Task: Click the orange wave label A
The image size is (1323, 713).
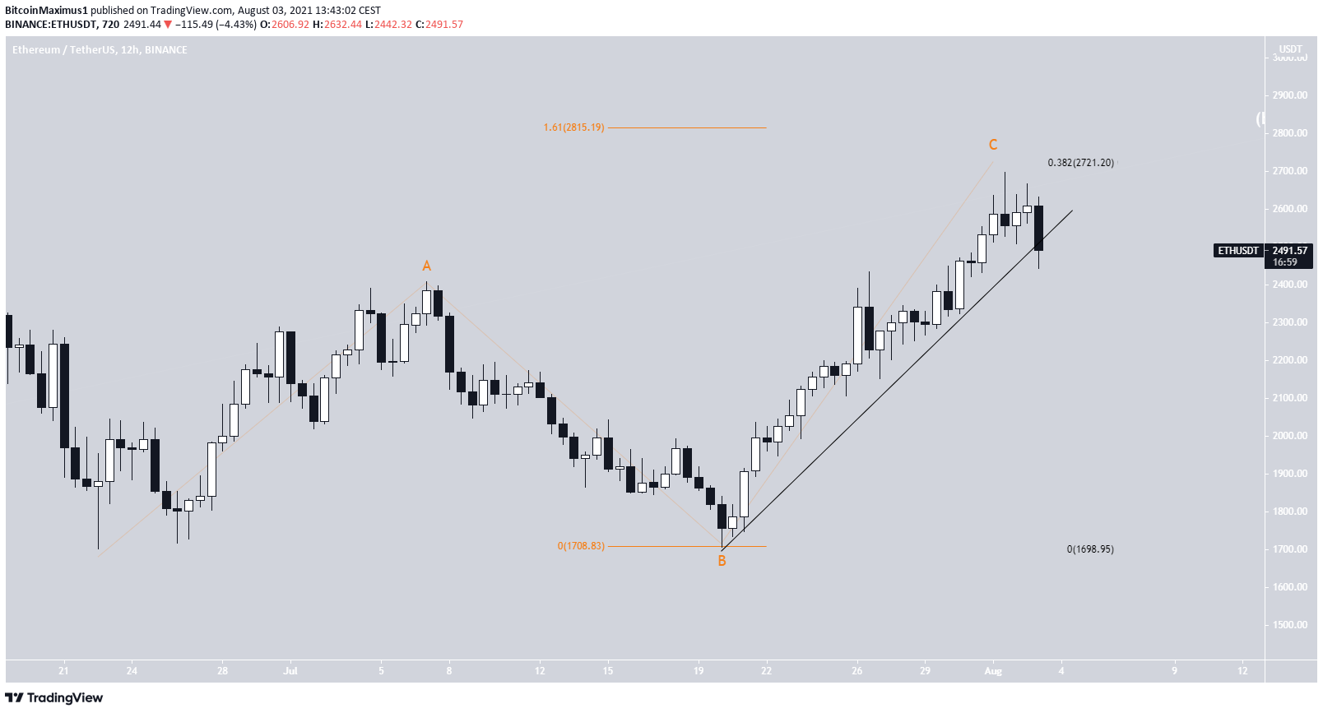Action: click(426, 266)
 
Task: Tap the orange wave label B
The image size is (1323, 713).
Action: click(722, 561)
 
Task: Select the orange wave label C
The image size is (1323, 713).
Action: click(993, 145)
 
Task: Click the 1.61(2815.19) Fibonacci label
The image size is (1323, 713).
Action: click(573, 127)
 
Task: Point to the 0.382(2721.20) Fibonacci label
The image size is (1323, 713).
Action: click(1080, 163)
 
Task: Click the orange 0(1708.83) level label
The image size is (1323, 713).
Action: click(581, 546)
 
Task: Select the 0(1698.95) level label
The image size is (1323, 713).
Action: click(1090, 549)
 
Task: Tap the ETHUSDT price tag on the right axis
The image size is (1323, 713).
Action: click(1238, 251)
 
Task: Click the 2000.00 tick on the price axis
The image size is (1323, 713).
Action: click(1289, 436)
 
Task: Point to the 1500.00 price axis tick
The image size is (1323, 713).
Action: click(1289, 625)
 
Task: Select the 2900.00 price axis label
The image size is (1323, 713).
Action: click(1289, 95)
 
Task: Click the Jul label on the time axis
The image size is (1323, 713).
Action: click(290, 671)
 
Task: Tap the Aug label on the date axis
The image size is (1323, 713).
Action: click(993, 671)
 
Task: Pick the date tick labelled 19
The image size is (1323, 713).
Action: click(699, 671)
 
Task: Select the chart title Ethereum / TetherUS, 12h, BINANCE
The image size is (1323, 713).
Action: click(100, 50)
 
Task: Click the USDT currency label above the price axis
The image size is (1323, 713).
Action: click(1290, 49)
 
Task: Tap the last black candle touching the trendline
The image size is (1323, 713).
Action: click(1038, 228)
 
